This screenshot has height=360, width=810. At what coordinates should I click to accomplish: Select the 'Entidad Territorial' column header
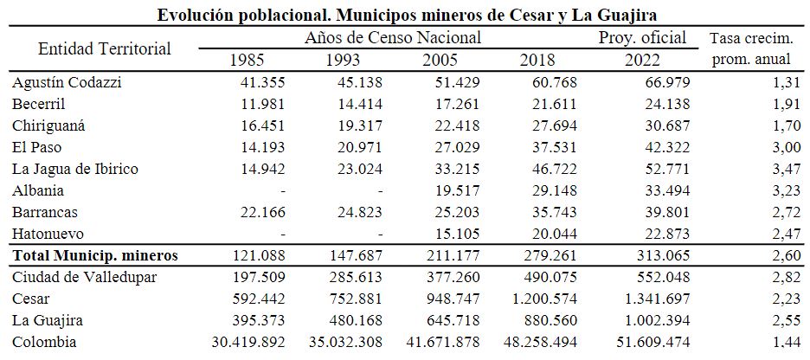point(105,48)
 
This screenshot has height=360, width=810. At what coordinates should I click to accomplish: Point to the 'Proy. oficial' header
point(642,38)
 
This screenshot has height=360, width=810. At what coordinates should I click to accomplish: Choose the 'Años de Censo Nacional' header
point(393,38)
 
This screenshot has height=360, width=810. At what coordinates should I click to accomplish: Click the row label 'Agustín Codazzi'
point(67,82)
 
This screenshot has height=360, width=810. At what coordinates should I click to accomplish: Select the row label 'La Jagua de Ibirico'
point(76,169)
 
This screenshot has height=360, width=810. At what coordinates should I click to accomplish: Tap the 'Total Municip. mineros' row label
point(95,255)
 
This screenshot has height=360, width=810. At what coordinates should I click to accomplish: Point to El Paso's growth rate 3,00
point(776,147)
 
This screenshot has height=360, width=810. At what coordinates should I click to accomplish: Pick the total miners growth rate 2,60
point(776,255)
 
